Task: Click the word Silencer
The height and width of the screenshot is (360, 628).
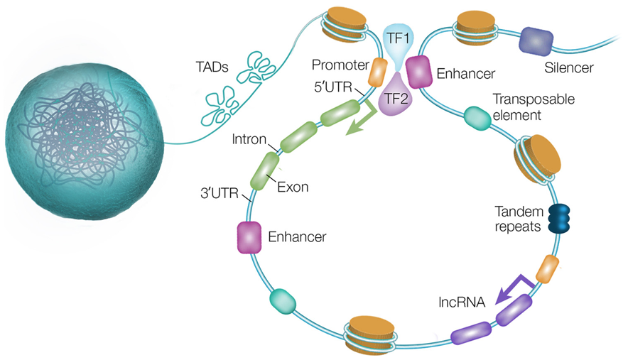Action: tap(568, 68)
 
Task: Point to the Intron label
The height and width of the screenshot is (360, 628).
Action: tap(249, 137)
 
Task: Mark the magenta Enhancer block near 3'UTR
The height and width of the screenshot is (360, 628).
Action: tap(249, 237)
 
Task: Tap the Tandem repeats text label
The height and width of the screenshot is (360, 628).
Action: tap(519, 219)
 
